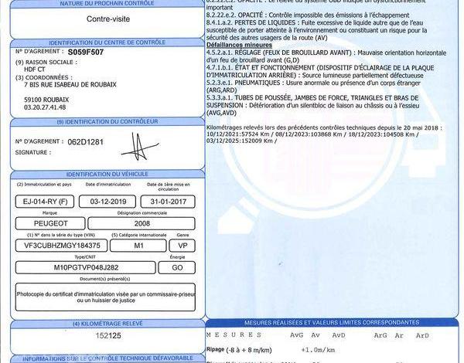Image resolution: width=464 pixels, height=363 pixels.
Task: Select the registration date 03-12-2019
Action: tap(110, 202)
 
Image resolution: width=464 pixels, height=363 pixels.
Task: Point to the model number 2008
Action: tap(142, 223)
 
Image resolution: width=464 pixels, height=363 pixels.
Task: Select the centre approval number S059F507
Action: tap(86, 52)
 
